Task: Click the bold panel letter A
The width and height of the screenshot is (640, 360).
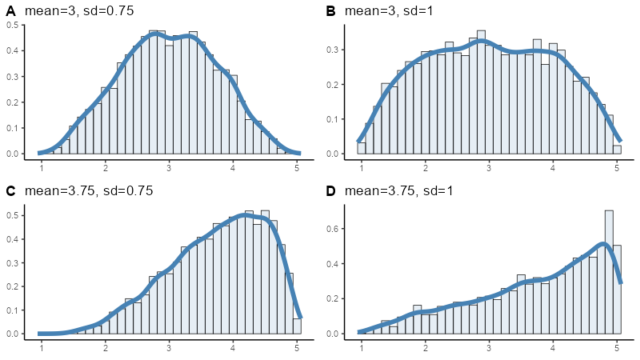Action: pos(11,11)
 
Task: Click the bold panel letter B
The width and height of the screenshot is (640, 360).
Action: pos(331,11)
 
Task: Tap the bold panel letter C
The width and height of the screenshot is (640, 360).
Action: pos(11,191)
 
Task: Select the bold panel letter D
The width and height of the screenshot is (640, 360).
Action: pos(331,191)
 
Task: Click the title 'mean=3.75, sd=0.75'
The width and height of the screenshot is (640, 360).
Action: pos(89,191)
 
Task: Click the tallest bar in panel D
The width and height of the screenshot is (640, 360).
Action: pos(609,272)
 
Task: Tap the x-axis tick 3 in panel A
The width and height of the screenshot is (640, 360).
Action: pos(169,168)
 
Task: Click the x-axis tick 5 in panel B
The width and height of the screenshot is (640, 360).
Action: pos(617,168)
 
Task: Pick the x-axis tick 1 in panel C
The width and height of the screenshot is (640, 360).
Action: pos(42,348)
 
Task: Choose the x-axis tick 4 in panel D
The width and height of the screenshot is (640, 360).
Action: pos(553,348)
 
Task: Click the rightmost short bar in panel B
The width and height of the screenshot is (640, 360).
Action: pos(617,149)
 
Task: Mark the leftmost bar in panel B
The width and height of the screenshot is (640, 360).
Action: pos(362,148)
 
